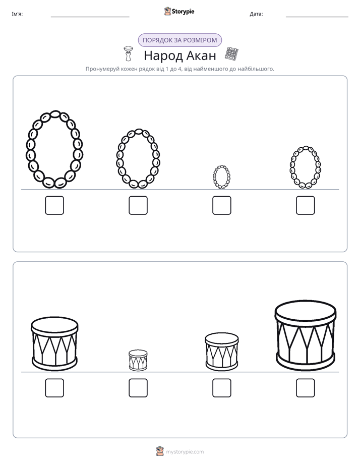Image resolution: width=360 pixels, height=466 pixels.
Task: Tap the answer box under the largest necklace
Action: [x=54, y=205]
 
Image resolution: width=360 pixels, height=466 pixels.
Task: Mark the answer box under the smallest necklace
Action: [x=221, y=205]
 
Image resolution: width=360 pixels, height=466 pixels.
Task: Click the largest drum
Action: [x=306, y=336]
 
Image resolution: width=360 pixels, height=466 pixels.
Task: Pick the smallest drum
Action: [x=138, y=360]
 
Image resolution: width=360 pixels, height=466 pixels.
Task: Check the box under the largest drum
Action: [x=306, y=388]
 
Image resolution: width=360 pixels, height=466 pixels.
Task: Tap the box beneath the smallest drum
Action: [x=138, y=388]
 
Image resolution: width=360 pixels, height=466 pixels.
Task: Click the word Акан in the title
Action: [x=201, y=55]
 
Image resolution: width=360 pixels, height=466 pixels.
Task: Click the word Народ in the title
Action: [x=163, y=56]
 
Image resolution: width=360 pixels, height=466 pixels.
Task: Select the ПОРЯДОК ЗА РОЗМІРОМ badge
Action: [x=180, y=40]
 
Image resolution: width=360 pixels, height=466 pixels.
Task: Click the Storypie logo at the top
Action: [x=179, y=12]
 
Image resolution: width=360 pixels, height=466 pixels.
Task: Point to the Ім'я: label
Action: [x=17, y=14]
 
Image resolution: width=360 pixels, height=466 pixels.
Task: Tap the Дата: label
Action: [x=256, y=14]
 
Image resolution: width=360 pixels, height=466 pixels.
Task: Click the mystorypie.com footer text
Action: [x=185, y=452]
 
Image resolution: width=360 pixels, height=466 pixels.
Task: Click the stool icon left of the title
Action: [x=128, y=53]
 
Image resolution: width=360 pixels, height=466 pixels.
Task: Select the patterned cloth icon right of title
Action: [x=232, y=54]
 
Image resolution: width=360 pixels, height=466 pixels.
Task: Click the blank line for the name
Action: [x=90, y=17]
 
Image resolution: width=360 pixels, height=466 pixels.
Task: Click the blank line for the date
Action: [x=317, y=17]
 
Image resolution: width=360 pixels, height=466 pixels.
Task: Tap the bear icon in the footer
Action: [x=160, y=451]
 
